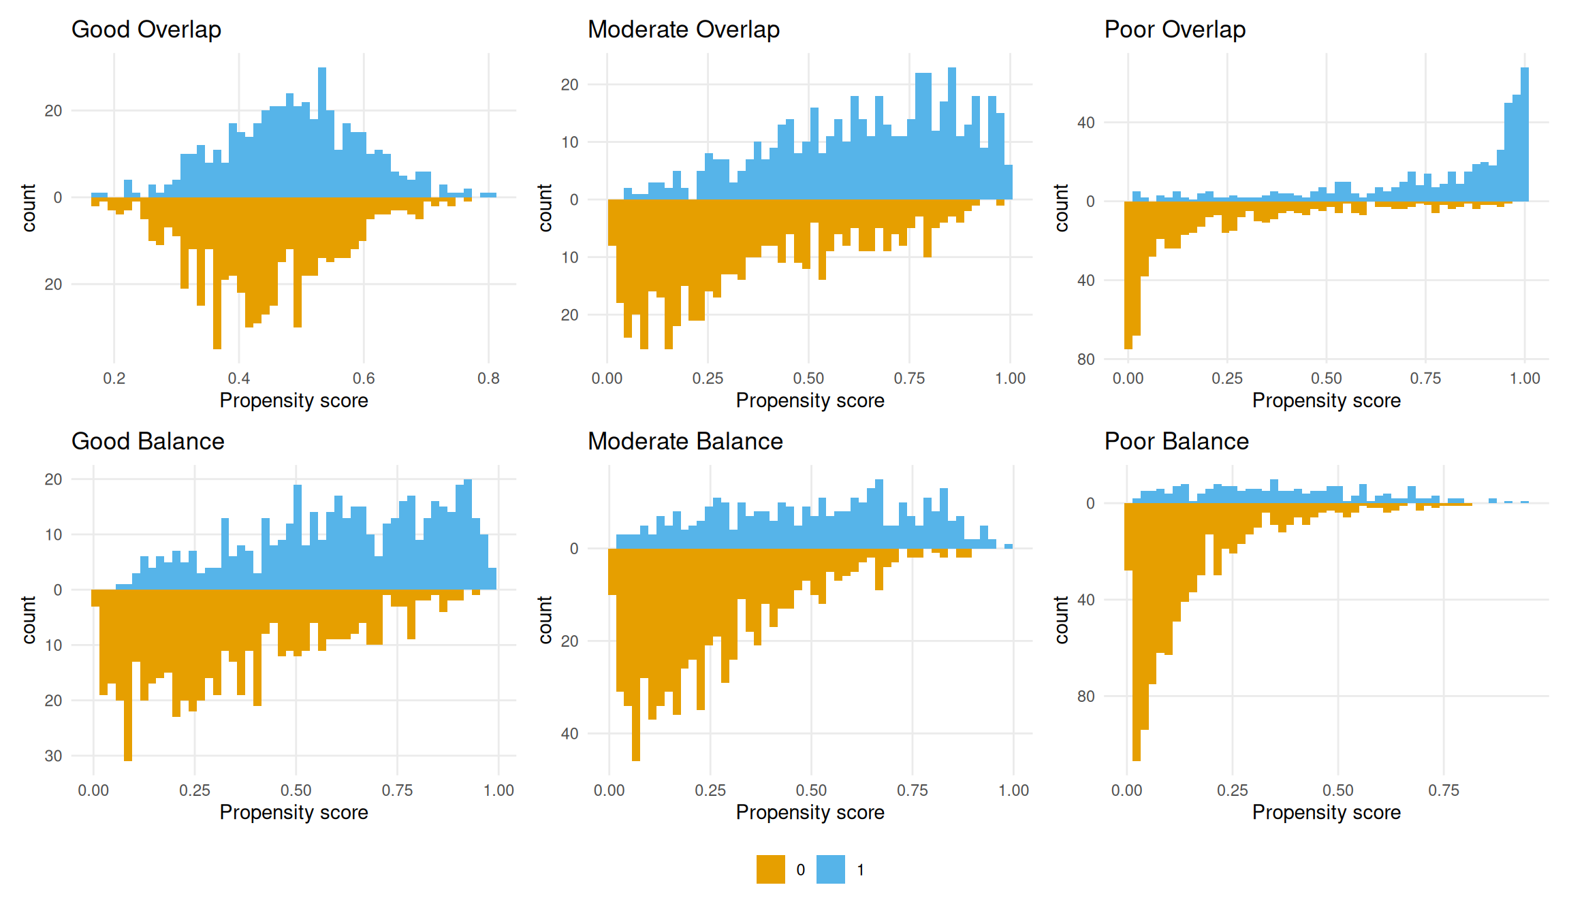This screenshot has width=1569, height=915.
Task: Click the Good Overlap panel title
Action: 146,30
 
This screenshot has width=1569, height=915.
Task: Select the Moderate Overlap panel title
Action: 683,30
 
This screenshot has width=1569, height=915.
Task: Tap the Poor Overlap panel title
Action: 1175,30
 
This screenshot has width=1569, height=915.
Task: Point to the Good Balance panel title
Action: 148,442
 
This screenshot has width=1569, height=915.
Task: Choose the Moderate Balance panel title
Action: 685,442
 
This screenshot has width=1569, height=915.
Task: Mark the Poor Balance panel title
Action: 1176,442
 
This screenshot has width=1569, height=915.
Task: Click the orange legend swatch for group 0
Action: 770,869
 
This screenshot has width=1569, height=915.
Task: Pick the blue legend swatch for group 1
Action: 830,869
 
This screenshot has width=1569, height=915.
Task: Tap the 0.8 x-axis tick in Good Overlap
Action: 488,379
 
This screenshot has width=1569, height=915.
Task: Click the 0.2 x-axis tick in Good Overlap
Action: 114,379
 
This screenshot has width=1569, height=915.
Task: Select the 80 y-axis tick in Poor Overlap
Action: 1086,359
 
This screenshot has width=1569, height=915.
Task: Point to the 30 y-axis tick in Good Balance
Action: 53,756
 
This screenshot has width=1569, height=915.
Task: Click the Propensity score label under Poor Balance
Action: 1326,812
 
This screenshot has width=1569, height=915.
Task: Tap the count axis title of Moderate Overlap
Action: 545,208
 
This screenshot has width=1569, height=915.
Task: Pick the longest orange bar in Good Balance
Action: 128,674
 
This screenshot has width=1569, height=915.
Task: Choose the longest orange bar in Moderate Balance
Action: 636,654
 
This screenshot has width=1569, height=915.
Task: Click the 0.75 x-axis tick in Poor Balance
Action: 1443,790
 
